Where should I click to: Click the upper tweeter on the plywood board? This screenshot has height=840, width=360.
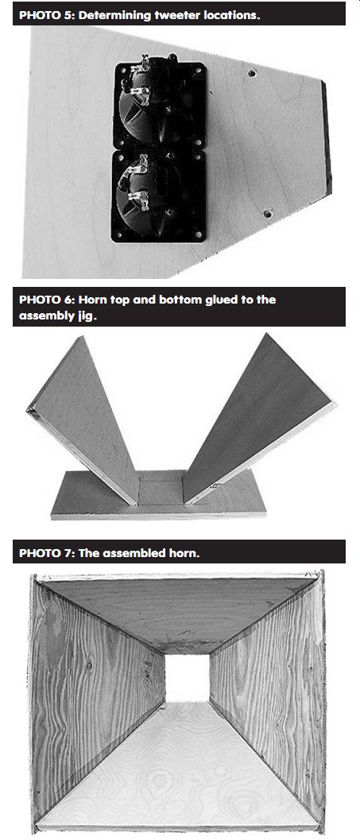(x=160, y=106)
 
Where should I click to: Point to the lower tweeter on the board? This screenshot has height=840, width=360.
(x=159, y=196)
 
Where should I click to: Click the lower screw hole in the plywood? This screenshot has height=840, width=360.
(x=269, y=213)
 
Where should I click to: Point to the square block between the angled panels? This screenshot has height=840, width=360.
(x=161, y=489)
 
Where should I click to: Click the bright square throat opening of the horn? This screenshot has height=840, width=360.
(x=187, y=678)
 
